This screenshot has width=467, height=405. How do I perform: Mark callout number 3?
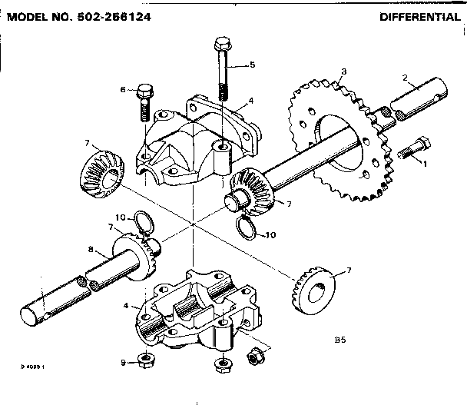coord(343,71)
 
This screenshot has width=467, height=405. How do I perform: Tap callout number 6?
coord(123,90)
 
